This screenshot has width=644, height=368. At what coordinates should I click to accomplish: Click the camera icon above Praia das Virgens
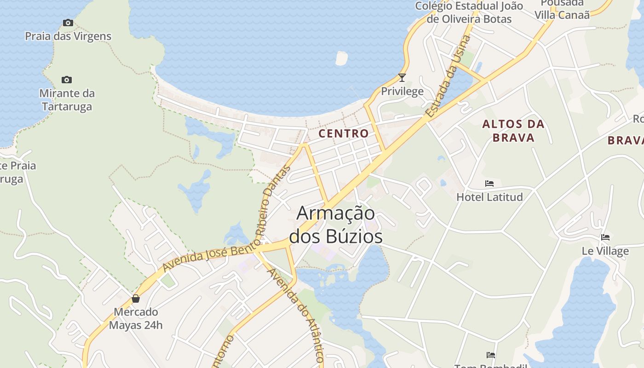click(68, 23)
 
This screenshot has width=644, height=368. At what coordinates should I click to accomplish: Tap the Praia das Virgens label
click(68, 36)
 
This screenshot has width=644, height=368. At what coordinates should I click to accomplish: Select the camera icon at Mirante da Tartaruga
click(67, 80)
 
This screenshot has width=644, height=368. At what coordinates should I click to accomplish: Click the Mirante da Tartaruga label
click(67, 100)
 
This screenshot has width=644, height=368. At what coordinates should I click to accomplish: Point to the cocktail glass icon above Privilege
click(402, 78)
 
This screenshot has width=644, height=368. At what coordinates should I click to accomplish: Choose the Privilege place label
click(402, 91)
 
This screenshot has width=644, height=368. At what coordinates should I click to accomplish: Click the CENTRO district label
click(344, 133)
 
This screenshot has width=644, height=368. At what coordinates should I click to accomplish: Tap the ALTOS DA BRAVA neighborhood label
click(513, 131)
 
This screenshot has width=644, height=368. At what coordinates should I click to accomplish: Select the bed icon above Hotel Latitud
click(489, 184)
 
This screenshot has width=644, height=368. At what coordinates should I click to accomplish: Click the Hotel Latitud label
click(489, 197)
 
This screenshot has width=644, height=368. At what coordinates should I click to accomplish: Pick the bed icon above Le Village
click(605, 237)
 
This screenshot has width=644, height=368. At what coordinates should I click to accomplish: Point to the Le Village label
click(605, 251)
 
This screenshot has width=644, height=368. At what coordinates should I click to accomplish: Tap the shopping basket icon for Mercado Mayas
click(136, 299)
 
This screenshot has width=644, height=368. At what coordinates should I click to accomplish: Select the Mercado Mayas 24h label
click(136, 318)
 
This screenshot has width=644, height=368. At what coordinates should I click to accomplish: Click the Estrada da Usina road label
click(448, 76)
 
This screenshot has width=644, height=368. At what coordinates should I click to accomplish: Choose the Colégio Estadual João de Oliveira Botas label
click(469, 12)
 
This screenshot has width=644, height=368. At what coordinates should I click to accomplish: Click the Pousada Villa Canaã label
click(562, 9)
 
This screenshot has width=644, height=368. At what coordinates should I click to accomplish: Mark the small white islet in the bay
click(342, 58)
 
